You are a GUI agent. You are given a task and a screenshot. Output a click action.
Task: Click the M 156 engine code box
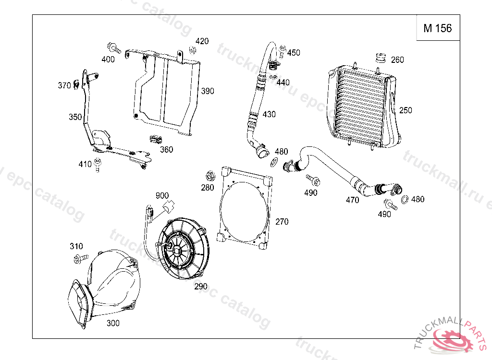point(437,28)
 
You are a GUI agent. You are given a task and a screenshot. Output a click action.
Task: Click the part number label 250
point(405,110)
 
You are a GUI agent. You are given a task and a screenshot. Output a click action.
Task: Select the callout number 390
point(208,91)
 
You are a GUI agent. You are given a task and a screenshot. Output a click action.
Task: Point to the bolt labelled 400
point(114,48)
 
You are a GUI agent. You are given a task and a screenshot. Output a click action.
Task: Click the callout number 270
point(282,222)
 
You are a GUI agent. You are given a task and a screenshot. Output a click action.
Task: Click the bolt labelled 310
point(80,258)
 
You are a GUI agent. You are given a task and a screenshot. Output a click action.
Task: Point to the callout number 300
point(112,323)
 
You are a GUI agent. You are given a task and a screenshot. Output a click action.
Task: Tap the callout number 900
point(162,195)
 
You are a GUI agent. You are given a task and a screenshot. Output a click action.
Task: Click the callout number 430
point(269,114)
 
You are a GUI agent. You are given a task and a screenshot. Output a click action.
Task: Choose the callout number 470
point(352,200)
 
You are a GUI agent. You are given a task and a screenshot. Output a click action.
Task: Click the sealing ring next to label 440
point(273,76)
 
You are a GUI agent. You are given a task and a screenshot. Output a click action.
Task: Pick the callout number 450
point(294,53)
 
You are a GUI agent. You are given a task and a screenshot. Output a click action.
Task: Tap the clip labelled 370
point(76,85)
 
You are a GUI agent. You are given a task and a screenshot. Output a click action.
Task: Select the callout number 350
point(75,117)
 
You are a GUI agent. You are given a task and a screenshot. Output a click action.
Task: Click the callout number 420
point(202,41)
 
